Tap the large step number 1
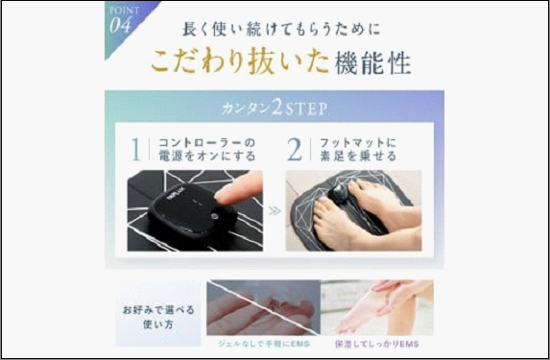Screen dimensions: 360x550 [136, 149]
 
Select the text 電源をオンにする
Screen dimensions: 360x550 [195, 157]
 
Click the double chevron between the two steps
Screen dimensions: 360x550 [275, 210]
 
